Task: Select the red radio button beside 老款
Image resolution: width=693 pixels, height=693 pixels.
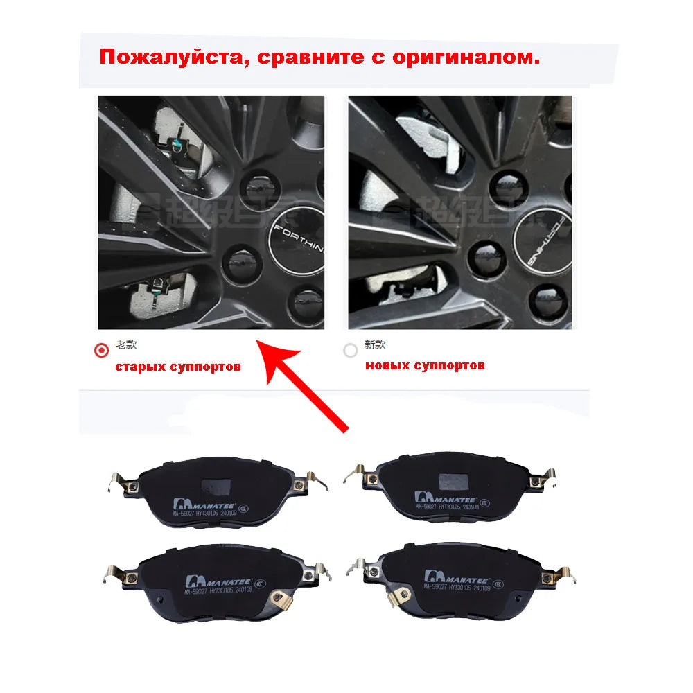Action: [x=102, y=350]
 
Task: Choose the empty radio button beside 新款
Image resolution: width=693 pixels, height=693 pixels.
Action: [x=351, y=350]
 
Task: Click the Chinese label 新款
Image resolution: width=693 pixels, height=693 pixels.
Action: [x=375, y=344]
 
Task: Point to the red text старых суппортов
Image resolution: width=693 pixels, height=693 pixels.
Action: [x=178, y=366]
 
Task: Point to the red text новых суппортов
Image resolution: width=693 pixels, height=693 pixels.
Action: [x=425, y=365]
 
